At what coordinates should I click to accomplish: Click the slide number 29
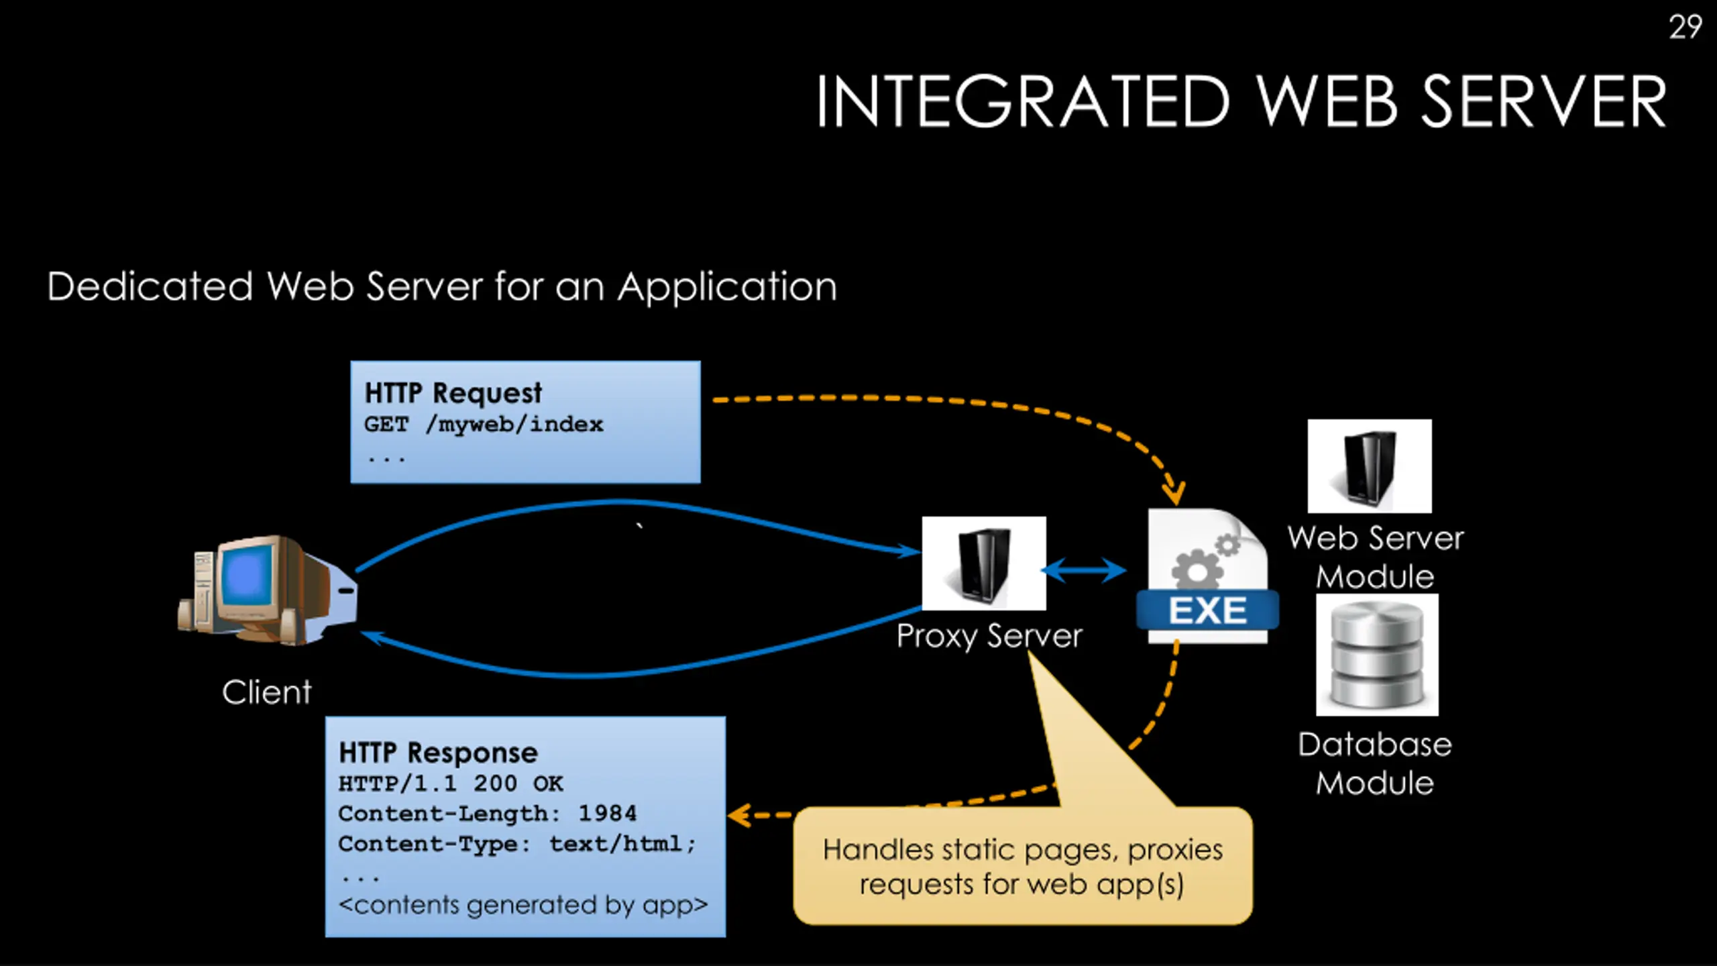1685,28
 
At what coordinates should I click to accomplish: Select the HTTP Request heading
453,393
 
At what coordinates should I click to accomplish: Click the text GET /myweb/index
484,425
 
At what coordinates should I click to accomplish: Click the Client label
267,692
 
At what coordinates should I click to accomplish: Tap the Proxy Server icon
983,563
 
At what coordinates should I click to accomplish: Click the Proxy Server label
989,636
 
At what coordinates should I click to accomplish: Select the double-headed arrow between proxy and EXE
1084,571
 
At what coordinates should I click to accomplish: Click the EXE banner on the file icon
1207,611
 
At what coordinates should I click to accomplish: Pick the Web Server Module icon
1369,466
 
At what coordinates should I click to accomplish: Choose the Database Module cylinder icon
1377,655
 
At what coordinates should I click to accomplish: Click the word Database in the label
1374,745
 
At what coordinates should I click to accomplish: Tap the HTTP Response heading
438,753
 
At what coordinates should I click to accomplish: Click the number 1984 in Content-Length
607,814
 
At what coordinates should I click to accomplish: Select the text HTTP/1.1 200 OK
451,784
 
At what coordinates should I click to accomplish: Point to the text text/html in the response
616,844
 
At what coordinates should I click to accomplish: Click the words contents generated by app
523,906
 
